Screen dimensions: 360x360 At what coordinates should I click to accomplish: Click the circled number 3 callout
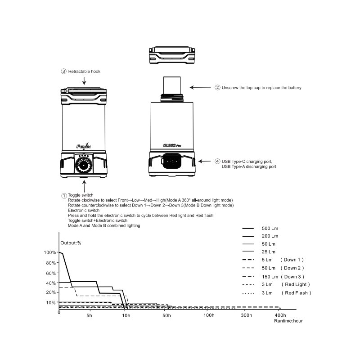point(63,72)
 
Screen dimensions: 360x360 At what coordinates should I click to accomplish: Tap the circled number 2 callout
point(217,87)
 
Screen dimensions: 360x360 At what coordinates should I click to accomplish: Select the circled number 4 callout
point(217,161)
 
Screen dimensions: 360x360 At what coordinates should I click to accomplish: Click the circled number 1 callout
point(64,196)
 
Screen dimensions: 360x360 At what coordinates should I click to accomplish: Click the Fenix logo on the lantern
point(84,146)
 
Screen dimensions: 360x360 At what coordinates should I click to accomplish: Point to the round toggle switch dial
point(84,165)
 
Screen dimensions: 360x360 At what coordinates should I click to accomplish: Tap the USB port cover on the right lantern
point(172,161)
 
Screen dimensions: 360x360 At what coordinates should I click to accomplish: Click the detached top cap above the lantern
point(172,55)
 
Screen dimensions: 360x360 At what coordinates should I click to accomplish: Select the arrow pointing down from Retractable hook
point(84,81)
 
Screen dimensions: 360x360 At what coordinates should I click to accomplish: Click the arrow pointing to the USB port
point(205,161)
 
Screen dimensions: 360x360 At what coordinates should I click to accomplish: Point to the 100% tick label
point(50,252)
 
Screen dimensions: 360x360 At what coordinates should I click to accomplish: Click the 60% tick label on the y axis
point(51,273)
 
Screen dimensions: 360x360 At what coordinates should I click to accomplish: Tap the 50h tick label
point(166,315)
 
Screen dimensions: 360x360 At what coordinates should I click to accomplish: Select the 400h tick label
point(280,315)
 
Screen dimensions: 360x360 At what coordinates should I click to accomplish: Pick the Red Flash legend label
point(297,293)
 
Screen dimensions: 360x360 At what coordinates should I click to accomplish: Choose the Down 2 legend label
point(292,268)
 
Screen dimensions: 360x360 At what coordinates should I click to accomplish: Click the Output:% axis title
point(71,243)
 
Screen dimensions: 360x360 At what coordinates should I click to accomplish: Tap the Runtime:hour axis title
point(288,321)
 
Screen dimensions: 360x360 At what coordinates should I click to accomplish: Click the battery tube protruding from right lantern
point(172,85)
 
